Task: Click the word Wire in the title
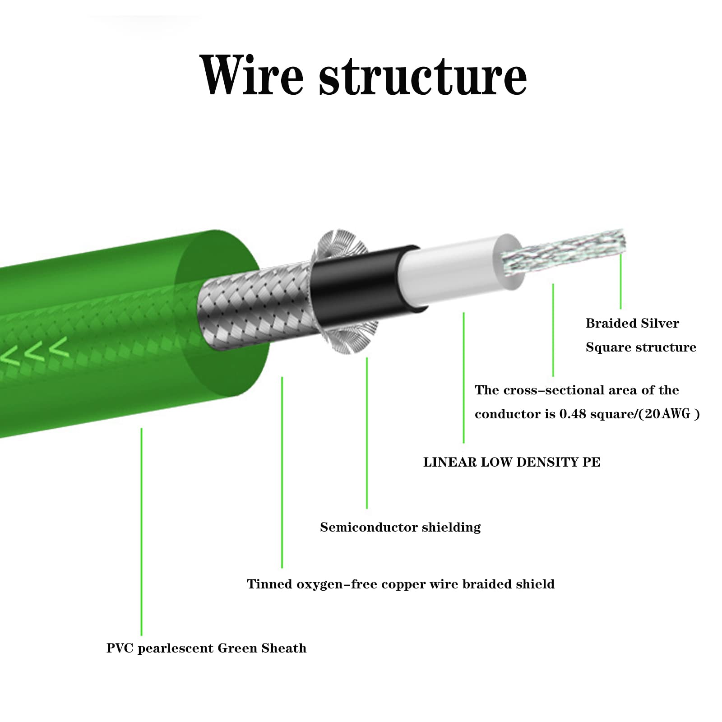(x=251, y=75)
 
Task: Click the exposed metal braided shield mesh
(x=253, y=311)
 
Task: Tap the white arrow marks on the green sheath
(x=36, y=350)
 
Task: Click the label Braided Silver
(x=632, y=323)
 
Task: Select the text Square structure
(x=640, y=347)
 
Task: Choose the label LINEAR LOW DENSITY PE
(x=511, y=462)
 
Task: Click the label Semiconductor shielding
(x=400, y=527)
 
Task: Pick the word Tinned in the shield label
(x=269, y=584)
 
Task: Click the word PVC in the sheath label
(x=120, y=648)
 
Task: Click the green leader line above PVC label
(x=141, y=532)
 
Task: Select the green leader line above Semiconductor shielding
(x=367, y=433)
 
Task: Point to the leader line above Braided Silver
(x=620, y=280)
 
